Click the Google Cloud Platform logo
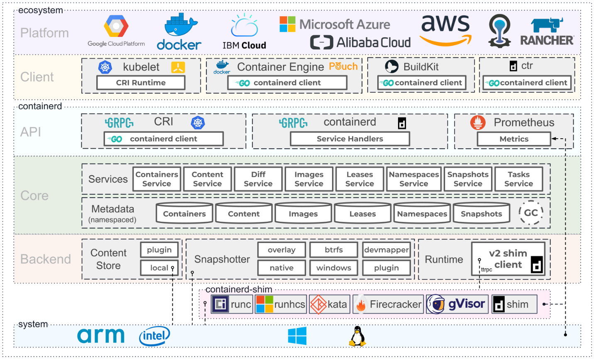click(x=116, y=31)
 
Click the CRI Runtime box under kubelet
click(x=141, y=83)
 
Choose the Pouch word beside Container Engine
click(x=343, y=66)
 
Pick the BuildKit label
click(x=421, y=67)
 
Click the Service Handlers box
click(x=350, y=139)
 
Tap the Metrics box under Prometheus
click(x=514, y=139)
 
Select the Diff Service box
click(x=258, y=179)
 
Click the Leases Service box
click(x=359, y=179)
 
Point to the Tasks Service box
click(x=518, y=179)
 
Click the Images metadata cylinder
click(x=303, y=213)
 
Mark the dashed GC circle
click(x=531, y=213)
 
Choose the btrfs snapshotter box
click(x=334, y=250)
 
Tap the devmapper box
click(x=386, y=250)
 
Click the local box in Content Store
click(x=159, y=268)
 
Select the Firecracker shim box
click(x=388, y=304)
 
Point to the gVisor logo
click(x=457, y=304)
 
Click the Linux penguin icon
click(x=357, y=336)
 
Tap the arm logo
click(x=101, y=336)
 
